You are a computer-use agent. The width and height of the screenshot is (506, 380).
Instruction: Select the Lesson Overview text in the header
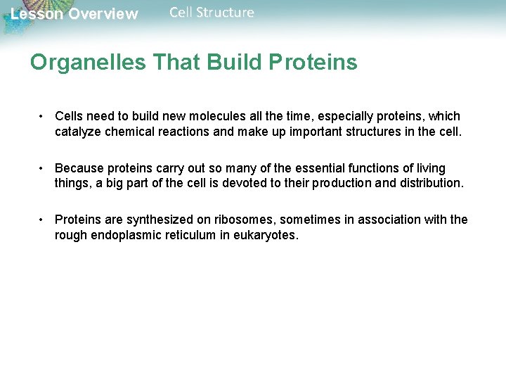74,14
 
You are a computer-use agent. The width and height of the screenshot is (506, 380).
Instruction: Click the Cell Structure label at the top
212,13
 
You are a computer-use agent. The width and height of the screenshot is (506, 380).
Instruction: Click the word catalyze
80,131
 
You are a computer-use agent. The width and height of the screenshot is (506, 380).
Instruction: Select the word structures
373,131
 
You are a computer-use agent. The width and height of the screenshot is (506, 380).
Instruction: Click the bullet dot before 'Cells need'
43,116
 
